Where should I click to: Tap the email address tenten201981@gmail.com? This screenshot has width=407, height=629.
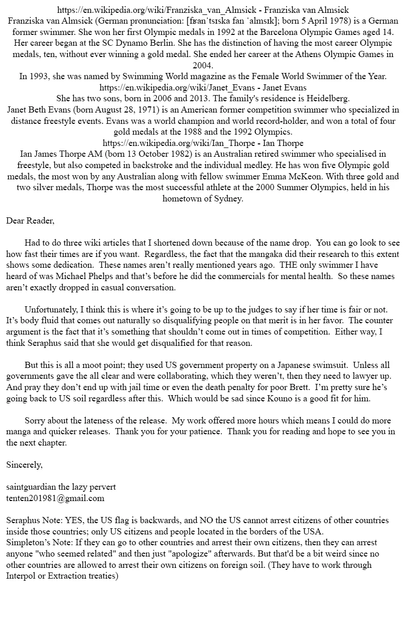coord(55,498)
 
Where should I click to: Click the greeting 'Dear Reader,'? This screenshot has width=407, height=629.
coord(30,221)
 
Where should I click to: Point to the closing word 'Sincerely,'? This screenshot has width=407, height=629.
coord(24,465)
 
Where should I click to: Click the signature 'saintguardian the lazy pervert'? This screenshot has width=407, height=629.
coord(61,487)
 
